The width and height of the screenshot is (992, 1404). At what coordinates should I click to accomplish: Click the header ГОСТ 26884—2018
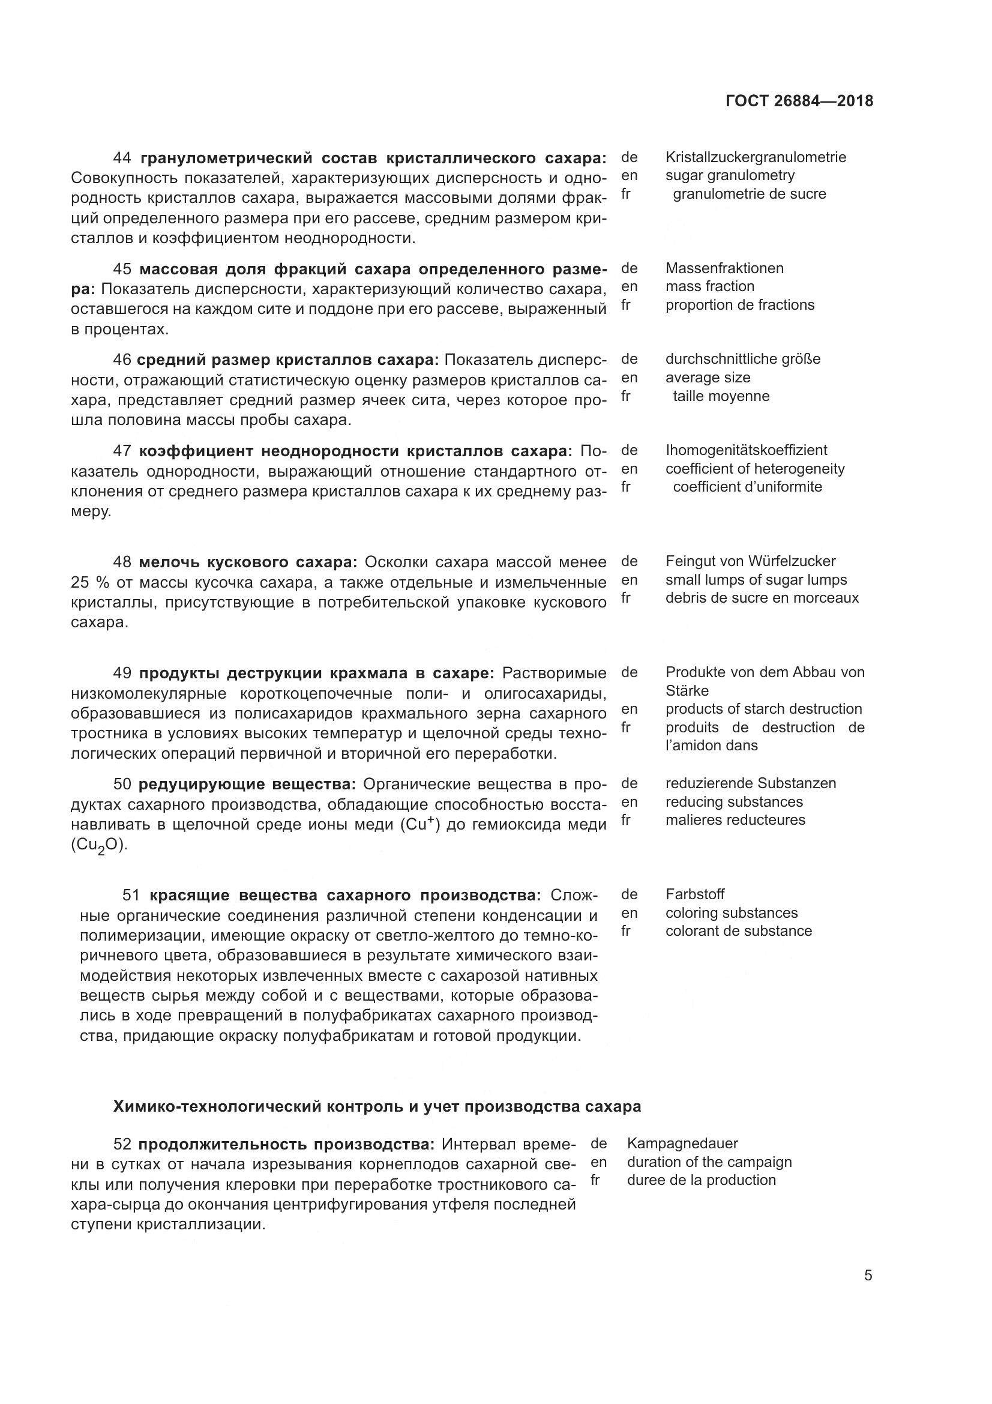[799, 101]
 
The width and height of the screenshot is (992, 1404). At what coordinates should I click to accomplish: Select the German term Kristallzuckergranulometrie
[756, 157]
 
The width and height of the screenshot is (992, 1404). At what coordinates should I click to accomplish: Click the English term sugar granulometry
[730, 175]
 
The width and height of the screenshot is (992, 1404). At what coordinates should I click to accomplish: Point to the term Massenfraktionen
[724, 268]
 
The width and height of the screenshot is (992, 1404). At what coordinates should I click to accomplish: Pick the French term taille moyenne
[721, 396]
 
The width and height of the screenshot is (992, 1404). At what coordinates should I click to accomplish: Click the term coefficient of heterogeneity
[755, 469]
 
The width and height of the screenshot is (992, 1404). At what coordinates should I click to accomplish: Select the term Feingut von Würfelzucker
[750, 561]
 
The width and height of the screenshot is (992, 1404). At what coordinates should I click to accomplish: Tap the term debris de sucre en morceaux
[762, 597]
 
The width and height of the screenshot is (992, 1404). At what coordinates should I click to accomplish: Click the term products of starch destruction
[763, 709]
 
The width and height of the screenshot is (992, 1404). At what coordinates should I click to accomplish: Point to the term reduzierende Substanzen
[751, 783]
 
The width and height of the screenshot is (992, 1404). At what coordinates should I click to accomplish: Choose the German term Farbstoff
[695, 894]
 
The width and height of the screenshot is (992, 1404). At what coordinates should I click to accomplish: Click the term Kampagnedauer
[682, 1143]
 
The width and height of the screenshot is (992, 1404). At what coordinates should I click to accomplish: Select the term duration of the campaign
[709, 1162]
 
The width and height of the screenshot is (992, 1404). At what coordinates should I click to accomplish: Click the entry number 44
[122, 158]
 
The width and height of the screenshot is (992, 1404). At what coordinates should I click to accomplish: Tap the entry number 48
[122, 562]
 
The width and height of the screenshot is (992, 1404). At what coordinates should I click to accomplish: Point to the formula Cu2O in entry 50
[98, 846]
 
